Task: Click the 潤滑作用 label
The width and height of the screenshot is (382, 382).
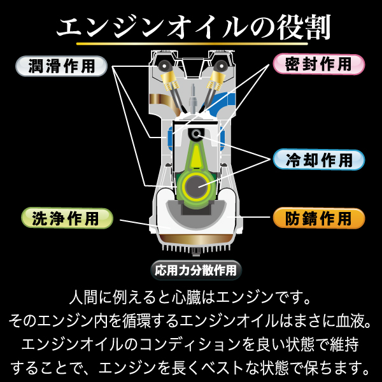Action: pos(61,66)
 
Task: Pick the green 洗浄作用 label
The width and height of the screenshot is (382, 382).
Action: pos(67,218)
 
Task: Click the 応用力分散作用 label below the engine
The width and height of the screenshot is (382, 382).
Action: pos(195,269)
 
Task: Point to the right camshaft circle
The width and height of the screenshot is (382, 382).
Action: pos(221,66)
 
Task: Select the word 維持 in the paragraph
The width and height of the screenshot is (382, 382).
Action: pos(343,344)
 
